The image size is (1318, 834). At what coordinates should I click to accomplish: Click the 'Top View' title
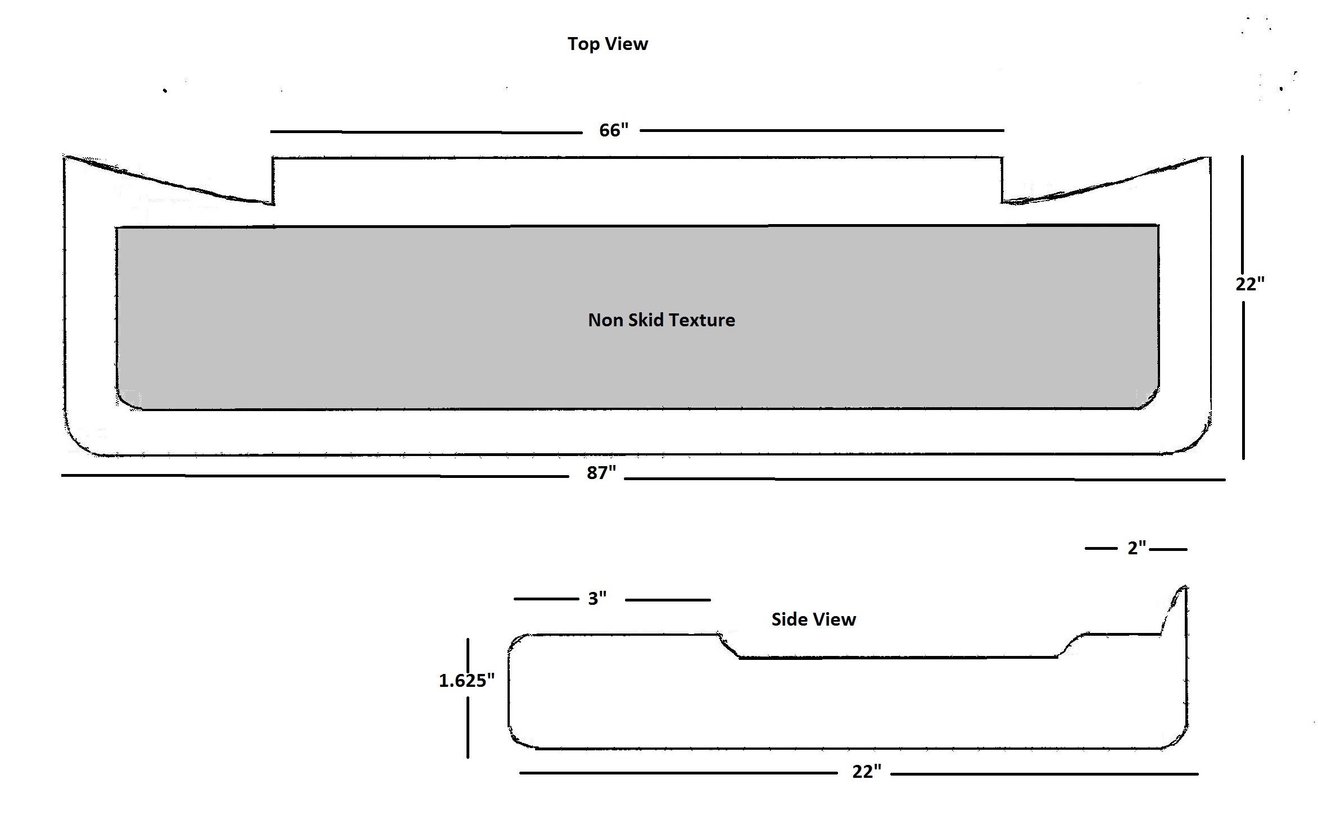point(608,44)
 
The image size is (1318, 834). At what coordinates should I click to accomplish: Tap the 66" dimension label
point(613,130)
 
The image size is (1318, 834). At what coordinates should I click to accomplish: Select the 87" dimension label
point(601,473)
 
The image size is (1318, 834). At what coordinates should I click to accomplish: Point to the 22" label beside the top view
point(1249,284)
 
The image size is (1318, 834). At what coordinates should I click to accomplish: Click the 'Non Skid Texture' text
point(661,320)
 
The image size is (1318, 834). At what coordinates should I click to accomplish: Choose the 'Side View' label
point(813,619)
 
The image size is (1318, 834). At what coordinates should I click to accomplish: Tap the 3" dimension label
point(597,599)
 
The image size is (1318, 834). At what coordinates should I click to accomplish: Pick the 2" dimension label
point(1136,548)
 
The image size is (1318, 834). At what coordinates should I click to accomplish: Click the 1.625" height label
point(466,681)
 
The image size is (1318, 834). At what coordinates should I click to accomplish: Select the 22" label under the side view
point(866,772)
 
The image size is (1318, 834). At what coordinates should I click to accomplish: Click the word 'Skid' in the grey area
point(646,320)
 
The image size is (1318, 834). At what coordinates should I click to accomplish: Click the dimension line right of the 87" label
point(922,479)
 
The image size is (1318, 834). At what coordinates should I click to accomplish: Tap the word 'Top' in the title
point(584,44)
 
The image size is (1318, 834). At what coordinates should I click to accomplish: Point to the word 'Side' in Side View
point(790,619)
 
